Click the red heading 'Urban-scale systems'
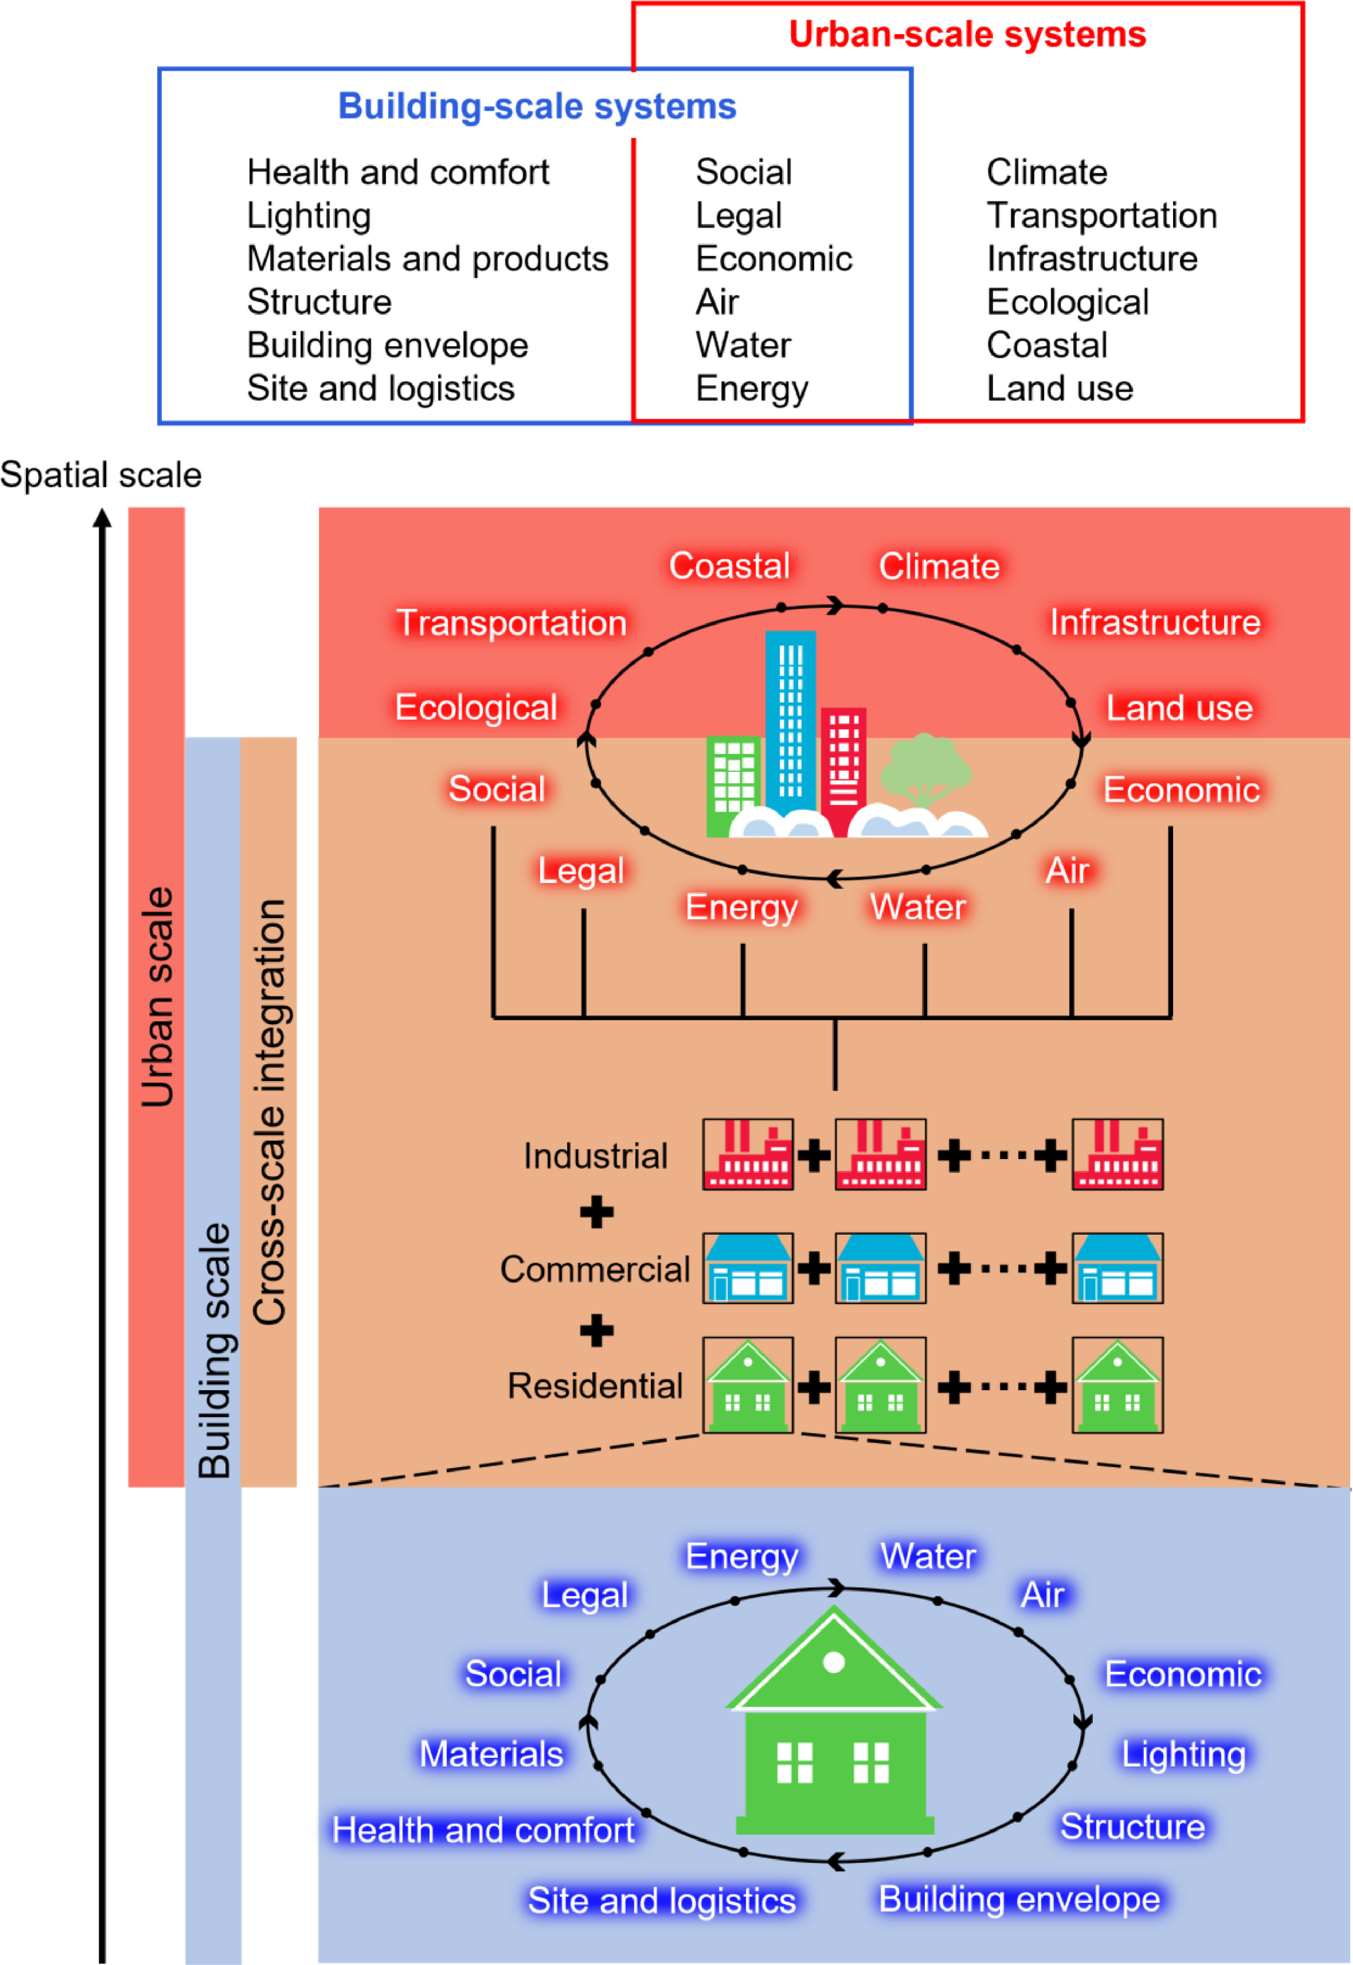click(967, 35)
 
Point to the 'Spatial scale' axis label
click(101, 475)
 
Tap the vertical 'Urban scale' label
click(157, 997)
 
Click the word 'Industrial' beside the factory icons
click(595, 1156)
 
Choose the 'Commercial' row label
click(595, 1269)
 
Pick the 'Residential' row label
click(595, 1386)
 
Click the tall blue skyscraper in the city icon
click(790, 721)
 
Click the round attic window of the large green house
click(834, 1662)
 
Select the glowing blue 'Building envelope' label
click(1020, 1899)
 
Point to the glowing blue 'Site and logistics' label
click(662, 1901)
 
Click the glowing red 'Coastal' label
click(730, 566)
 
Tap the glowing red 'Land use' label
click(1180, 708)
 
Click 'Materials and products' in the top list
click(428, 258)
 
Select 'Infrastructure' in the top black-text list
click(1093, 258)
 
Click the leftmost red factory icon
click(748, 1154)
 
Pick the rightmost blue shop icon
click(1117, 1268)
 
